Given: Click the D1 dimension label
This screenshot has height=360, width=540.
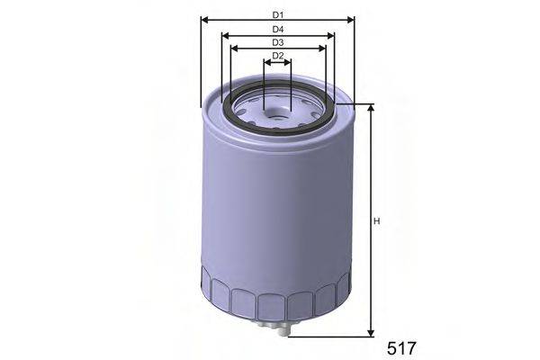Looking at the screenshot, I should (x=278, y=15).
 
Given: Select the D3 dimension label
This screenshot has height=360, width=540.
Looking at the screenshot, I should (x=278, y=43).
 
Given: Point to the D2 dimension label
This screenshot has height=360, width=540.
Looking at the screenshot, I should (x=278, y=57).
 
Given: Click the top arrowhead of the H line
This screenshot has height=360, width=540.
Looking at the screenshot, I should (x=370, y=109).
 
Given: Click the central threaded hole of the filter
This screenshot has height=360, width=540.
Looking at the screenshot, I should (x=278, y=114).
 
